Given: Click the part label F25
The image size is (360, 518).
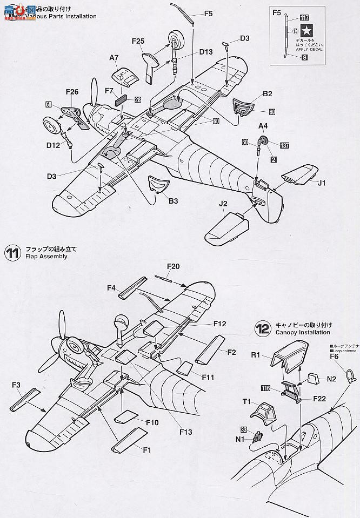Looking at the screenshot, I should click(x=138, y=41).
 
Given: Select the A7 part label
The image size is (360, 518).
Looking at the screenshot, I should click(x=114, y=58).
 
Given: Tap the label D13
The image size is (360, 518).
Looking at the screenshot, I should click(x=206, y=52).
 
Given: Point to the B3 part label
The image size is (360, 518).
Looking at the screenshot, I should click(x=173, y=201).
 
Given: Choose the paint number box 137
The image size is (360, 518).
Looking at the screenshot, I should click(x=285, y=145).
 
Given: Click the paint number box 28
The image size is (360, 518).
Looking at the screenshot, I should click(x=138, y=99).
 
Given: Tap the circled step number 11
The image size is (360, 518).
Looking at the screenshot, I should click(x=12, y=253).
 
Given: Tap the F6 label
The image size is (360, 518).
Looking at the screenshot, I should click(x=334, y=356).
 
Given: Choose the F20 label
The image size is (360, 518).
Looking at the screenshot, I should click(x=173, y=266).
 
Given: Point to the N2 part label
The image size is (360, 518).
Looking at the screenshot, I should click(x=331, y=380).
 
